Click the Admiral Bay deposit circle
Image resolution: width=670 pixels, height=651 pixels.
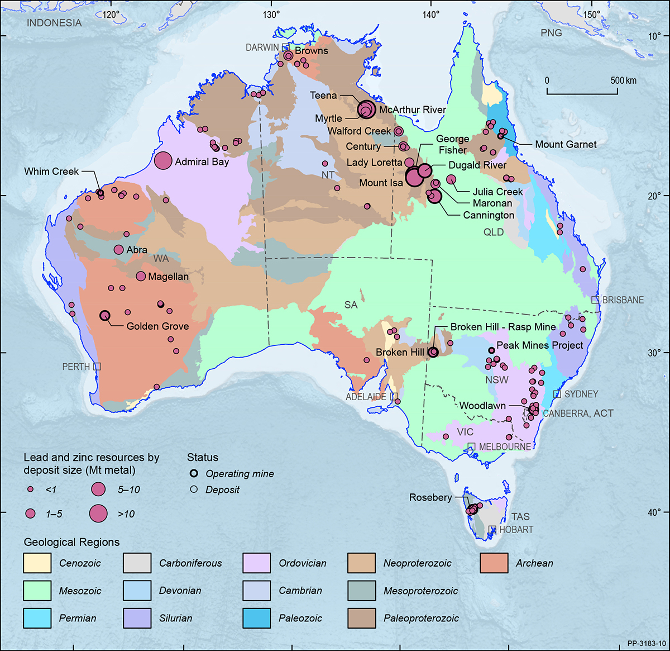162,161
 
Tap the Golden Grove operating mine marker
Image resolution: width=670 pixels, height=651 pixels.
104,316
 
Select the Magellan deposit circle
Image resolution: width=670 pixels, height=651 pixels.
141,276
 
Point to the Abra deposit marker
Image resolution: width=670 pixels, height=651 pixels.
118,250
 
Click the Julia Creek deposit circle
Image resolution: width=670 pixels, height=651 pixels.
451,179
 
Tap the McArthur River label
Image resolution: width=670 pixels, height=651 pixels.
412,110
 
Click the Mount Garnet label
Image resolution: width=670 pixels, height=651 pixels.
566,144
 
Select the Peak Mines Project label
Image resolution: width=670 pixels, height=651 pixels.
540,345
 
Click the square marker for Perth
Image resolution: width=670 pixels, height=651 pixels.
97,367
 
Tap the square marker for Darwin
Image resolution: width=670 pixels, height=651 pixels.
285,47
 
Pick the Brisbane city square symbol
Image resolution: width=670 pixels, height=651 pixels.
595,300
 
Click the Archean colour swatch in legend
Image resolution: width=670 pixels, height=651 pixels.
494,563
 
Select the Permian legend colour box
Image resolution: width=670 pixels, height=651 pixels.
37,618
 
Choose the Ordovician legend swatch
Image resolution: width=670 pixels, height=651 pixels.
257,563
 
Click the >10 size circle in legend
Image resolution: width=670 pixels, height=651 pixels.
99,514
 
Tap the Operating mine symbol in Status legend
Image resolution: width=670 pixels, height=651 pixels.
194,473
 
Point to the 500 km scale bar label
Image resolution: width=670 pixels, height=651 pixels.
623,80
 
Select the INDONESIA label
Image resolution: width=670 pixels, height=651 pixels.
54,23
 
